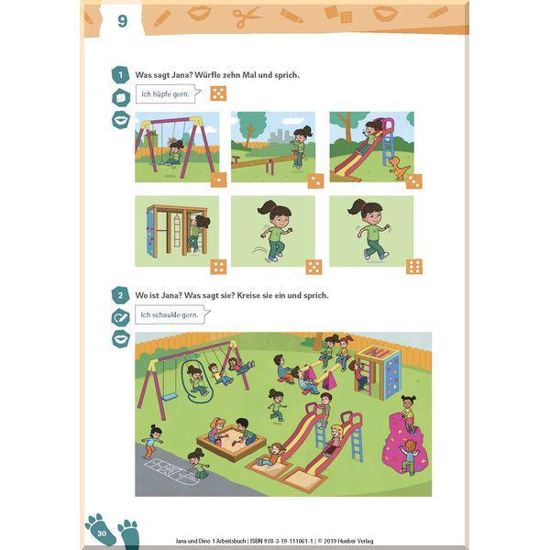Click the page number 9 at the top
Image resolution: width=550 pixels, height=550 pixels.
tap(122, 21)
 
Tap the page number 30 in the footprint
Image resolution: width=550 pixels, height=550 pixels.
tap(102, 533)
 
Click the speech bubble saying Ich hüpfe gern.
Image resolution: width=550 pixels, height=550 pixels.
tap(168, 94)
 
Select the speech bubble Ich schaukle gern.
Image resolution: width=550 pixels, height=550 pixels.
tap(172, 314)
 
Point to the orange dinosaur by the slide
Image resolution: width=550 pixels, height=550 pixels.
tap(399, 168)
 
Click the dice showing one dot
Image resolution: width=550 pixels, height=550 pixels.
tap(218, 180)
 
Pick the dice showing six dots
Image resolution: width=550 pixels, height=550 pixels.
tap(414, 267)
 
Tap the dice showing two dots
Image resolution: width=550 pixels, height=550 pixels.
tap(315, 181)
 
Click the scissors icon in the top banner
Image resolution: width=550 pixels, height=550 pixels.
tap(247, 16)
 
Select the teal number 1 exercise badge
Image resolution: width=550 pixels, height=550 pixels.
tap(120, 75)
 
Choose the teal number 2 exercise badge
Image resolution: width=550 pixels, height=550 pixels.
tap(120, 295)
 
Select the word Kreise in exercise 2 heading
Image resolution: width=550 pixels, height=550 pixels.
tap(249, 295)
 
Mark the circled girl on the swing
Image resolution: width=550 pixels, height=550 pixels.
tap(196, 380)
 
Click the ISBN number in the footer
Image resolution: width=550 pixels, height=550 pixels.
tap(281, 541)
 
